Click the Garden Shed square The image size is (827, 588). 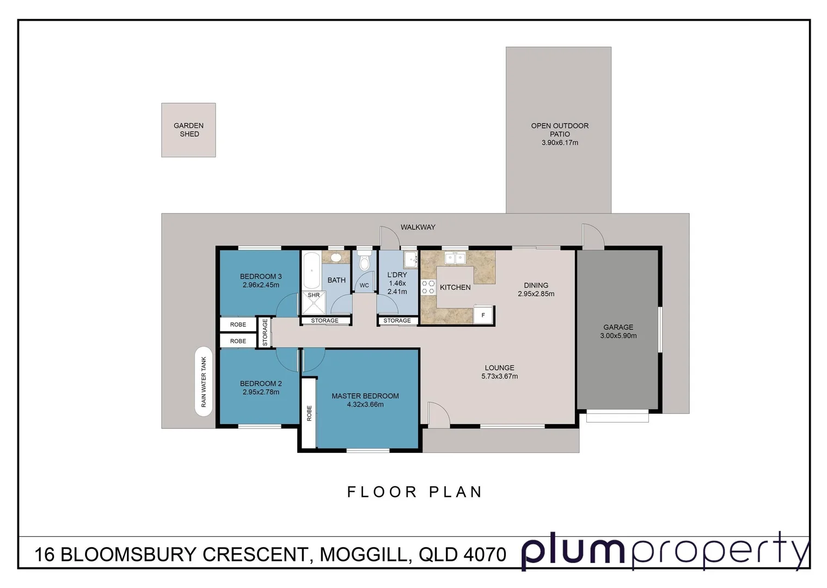click(188, 130)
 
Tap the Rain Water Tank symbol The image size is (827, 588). click(204, 381)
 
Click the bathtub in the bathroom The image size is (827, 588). click(311, 270)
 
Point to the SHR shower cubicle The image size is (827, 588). click(314, 302)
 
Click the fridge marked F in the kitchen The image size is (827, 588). click(483, 315)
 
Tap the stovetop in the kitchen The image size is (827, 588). click(428, 287)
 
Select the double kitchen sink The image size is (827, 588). click(454, 258)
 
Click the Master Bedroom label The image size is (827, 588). click(365, 396)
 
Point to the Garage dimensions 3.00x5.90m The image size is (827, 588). click(618, 336)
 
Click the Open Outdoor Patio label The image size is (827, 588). click(560, 130)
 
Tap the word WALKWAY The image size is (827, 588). click(418, 227)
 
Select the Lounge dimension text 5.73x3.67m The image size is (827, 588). click(499, 376)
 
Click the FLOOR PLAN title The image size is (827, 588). click(415, 492)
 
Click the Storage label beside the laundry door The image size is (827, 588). click(397, 321)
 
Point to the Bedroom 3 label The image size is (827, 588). click(261, 277)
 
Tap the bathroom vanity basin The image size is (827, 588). click(336, 257)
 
